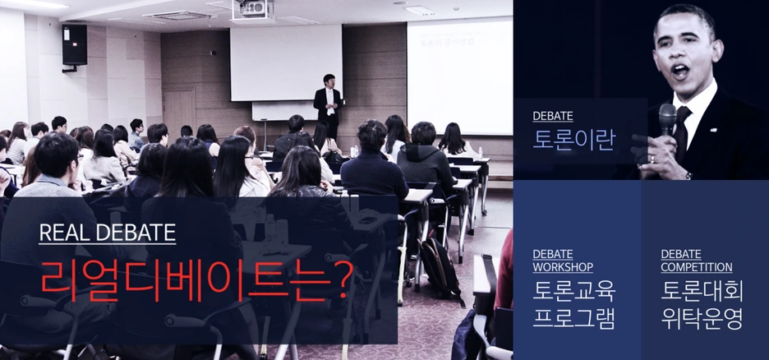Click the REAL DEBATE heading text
coord(107,233)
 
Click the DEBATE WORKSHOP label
coord(563,261)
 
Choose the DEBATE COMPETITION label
coord(696,261)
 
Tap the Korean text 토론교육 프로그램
coord(573,304)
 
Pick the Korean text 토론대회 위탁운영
coord(702,304)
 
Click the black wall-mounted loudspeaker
coord(74,44)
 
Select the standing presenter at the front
coord(327,107)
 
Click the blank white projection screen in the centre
coord(285,62)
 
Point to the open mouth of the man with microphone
coord(680,71)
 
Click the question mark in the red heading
coord(338,279)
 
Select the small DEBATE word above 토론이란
coord(552,117)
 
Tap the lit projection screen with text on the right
coord(458,74)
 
